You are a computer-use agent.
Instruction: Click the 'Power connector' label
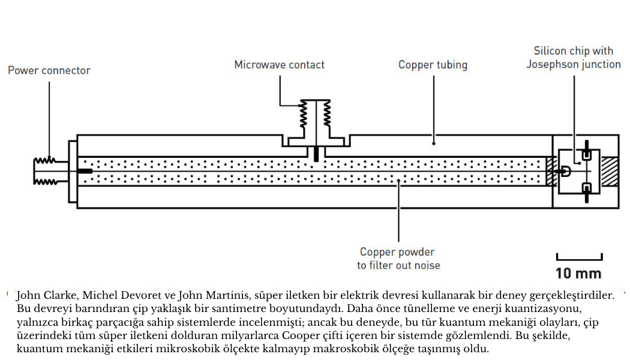[x=49, y=70]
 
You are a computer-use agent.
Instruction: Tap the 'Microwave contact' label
[x=279, y=65]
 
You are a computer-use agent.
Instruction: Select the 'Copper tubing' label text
[x=433, y=65]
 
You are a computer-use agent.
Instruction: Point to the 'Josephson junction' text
[x=574, y=65]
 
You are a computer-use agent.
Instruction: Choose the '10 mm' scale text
[x=578, y=274]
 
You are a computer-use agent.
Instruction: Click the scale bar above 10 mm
[x=579, y=258]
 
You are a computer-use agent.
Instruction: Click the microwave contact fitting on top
[x=316, y=123]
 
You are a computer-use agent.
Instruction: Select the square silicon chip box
[x=578, y=171]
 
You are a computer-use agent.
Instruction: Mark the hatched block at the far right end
[x=610, y=171]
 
